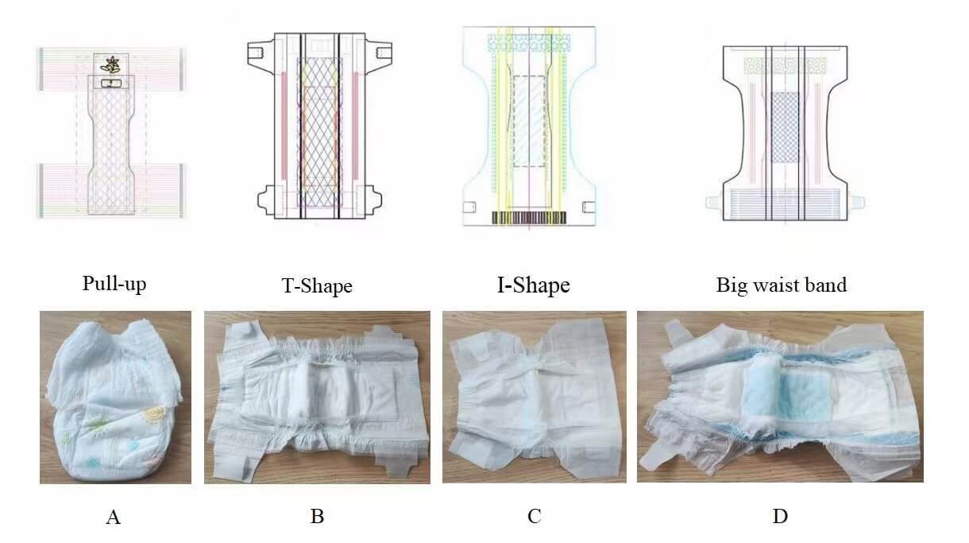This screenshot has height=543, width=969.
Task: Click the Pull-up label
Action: click(x=114, y=284)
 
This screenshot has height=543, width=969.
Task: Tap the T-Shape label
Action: click(x=317, y=285)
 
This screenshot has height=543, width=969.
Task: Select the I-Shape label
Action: click(x=534, y=285)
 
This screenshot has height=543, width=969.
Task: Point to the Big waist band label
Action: click(x=782, y=285)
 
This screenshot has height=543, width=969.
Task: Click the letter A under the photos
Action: click(x=114, y=517)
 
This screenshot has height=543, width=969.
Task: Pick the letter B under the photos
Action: click(x=317, y=516)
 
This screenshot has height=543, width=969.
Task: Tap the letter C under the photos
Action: click(x=535, y=516)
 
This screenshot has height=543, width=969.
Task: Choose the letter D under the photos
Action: click(x=781, y=516)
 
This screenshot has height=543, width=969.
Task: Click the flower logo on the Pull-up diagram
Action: click(x=110, y=65)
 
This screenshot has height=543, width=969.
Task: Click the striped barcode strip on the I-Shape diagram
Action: click(x=529, y=218)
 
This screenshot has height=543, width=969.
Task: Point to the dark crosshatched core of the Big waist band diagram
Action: click(x=786, y=127)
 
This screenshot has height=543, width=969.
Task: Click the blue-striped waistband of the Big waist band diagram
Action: click(x=785, y=204)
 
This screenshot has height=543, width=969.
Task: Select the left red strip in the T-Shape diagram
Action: click(x=284, y=126)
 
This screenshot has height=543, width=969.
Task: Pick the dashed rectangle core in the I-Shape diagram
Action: click(x=529, y=122)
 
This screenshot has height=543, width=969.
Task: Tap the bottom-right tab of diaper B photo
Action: click(x=392, y=464)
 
